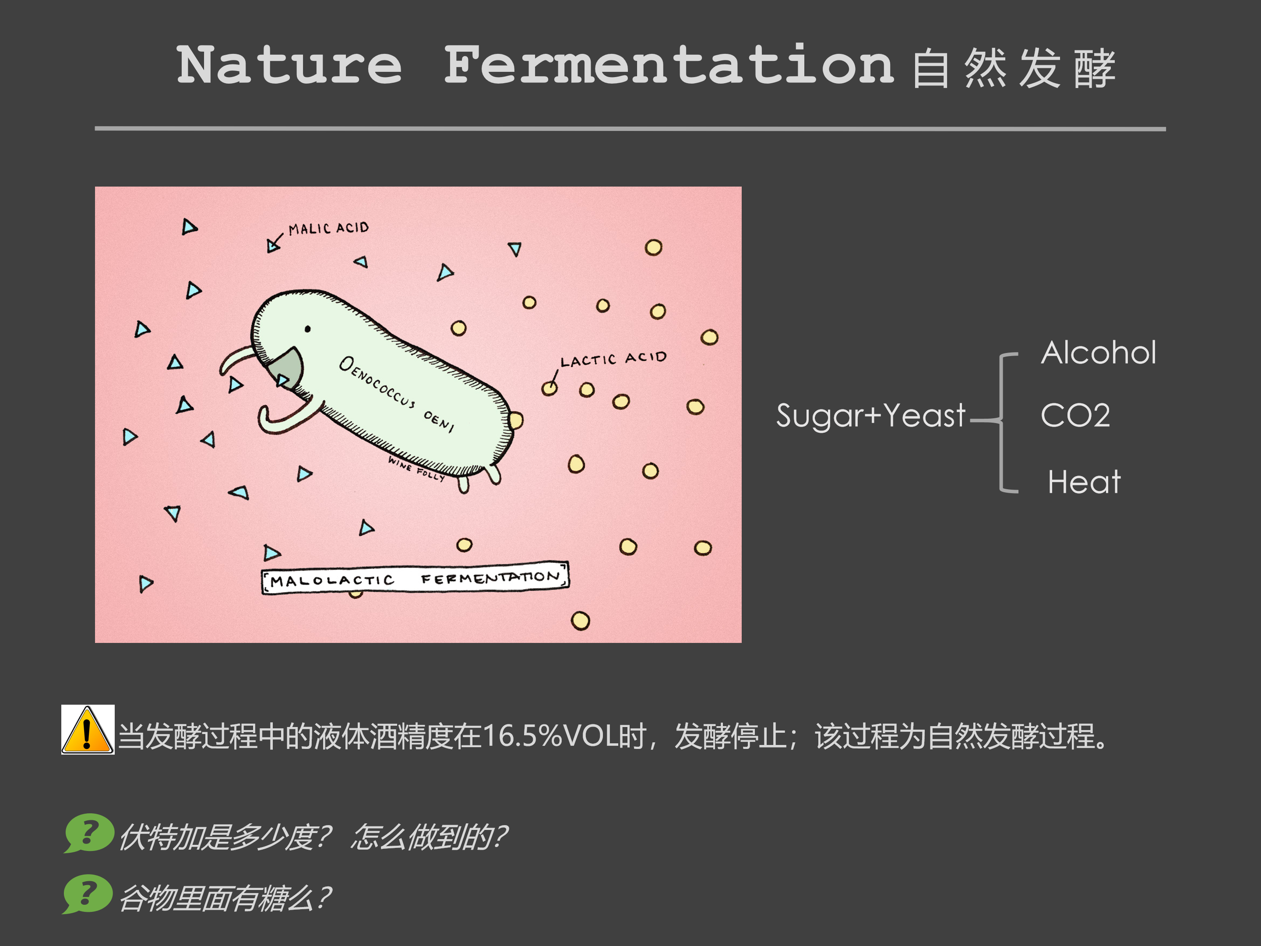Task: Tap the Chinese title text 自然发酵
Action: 1013,68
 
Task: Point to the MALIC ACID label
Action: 328,228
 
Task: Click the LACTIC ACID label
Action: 613,359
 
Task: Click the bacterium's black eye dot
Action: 308,329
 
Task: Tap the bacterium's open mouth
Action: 288,368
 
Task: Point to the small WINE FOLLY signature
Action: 416,469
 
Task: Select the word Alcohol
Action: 1099,353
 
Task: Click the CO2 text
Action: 1075,415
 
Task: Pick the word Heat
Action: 1084,482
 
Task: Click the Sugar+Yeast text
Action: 870,415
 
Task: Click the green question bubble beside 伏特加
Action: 88,833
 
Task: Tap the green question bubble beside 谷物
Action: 87,893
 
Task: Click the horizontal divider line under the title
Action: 630,129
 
